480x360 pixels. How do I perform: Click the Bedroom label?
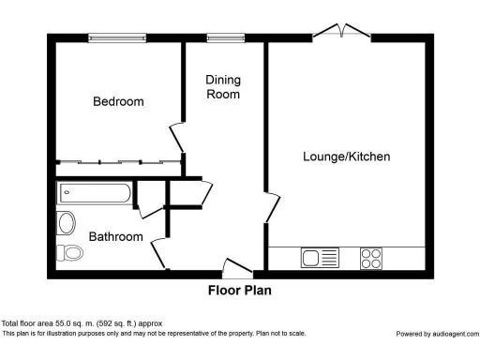coord(118,101)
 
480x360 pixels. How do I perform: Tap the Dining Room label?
coord(223,87)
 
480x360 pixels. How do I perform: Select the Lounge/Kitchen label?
coord(347,157)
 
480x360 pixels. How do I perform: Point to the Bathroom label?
coord(116,236)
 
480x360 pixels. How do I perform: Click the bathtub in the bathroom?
coord(94,193)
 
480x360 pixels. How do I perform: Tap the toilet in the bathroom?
coord(69,252)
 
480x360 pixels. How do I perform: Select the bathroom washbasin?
coord(66,223)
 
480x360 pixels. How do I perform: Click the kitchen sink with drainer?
coord(320,258)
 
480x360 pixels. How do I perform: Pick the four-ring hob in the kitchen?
coord(371,259)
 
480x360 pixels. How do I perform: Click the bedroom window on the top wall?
coord(117,37)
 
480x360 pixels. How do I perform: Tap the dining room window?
coord(226,37)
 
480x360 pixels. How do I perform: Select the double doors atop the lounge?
coord(342,31)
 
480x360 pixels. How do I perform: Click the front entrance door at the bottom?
coord(238,268)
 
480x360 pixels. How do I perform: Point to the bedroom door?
coord(177,139)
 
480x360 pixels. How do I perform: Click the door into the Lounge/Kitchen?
coord(273,207)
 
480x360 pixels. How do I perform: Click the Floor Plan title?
coord(240,291)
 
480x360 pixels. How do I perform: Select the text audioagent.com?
coord(456,334)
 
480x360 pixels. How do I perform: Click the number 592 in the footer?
coord(105,323)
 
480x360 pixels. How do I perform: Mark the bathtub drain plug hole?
coord(67,192)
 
